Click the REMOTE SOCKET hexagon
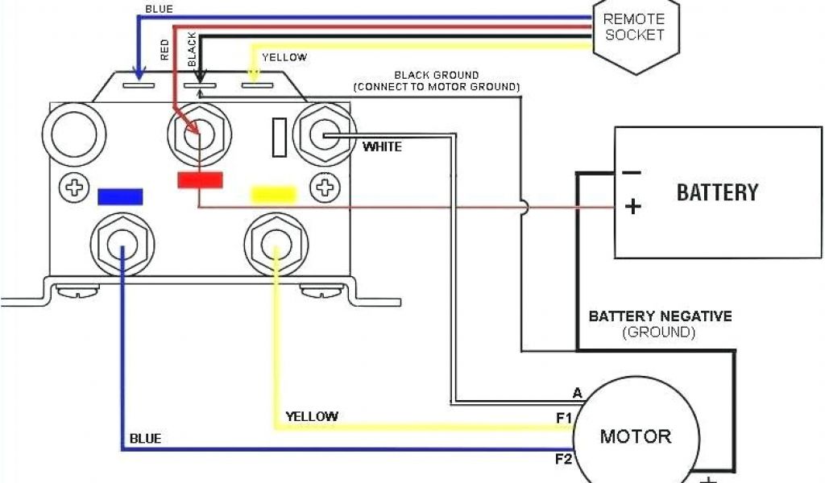point(634,27)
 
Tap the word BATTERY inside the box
point(717,192)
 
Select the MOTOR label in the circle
point(635,436)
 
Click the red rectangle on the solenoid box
point(200,180)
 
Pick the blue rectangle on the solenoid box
point(120,196)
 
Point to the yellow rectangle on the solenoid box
point(275,195)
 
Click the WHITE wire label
point(382,147)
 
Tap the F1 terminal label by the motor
point(563,419)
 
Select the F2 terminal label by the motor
point(562,460)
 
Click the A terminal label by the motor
point(577,393)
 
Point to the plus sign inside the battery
point(633,207)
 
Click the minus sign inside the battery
point(632,171)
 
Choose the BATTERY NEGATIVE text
point(660,316)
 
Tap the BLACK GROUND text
point(436,76)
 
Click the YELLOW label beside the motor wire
point(312,417)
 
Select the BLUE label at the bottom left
point(145,439)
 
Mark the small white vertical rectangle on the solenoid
point(280,136)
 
